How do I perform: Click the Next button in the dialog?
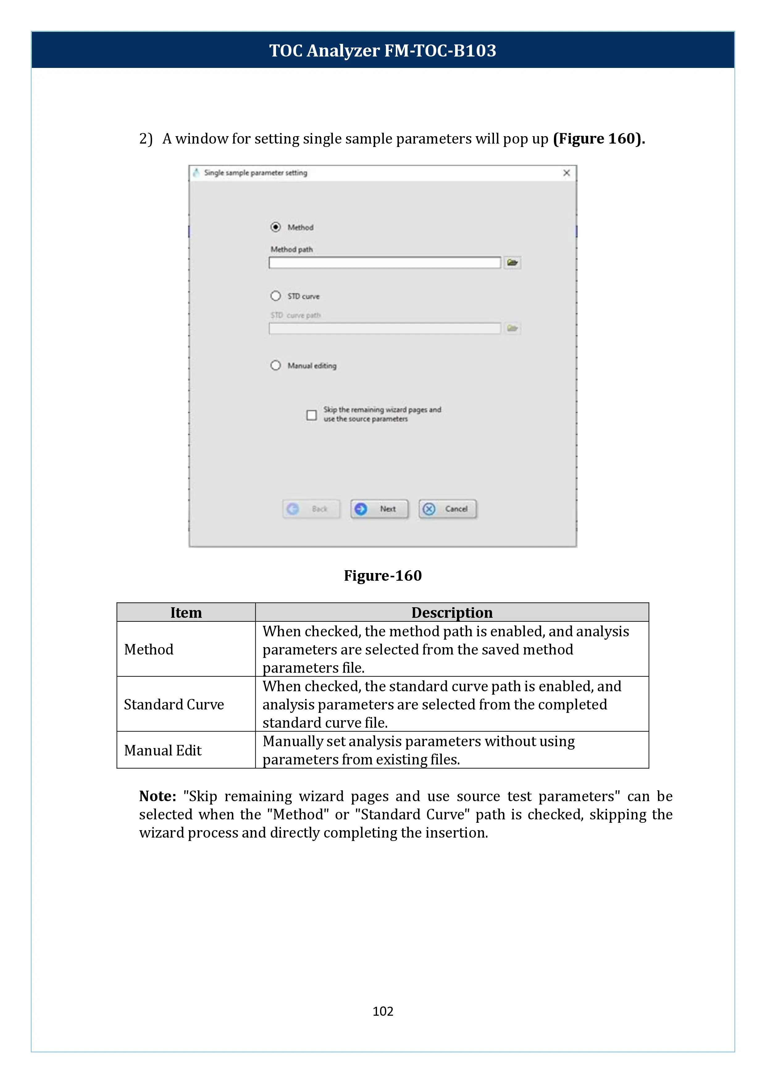click(380, 509)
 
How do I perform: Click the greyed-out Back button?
click(311, 509)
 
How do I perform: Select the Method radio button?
click(275, 227)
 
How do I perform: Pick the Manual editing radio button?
click(275, 366)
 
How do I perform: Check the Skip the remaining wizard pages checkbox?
click(311, 415)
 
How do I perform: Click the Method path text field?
click(384, 263)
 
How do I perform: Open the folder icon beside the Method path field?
click(512, 263)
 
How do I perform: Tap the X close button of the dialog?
click(567, 173)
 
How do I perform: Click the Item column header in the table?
click(186, 612)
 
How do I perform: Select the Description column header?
click(452, 612)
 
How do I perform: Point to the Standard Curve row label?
click(174, 704)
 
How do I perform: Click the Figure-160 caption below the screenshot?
click(383, 575)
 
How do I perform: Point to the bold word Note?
click(157, 796)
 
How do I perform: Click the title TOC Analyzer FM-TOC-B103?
click(383, 50)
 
